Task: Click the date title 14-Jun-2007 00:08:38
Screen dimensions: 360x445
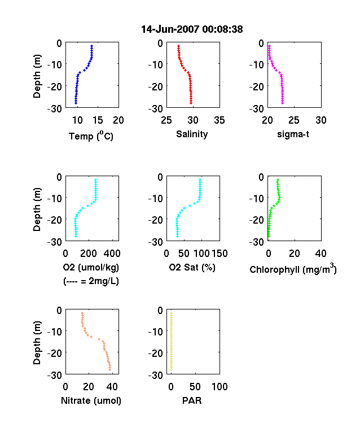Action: click(192, 29)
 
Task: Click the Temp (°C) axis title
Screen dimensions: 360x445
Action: click(91, 136)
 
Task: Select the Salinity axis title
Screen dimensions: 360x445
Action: click(192, 134)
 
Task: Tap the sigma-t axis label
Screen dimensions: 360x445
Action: click(293, 134)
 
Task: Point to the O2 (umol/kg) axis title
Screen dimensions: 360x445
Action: click(91, 267)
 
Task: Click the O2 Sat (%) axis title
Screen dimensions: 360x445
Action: click(192, 267)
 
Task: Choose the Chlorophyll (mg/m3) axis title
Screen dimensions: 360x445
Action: click(293, 268)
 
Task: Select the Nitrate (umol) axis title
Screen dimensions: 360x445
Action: click(91, 400)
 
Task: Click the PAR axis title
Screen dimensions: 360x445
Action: click(192, 400)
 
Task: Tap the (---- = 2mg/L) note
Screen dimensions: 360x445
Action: click(91, 281)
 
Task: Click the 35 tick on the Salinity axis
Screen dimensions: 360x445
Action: click(219, 120)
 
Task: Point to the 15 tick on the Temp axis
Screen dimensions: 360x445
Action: click(98, 120)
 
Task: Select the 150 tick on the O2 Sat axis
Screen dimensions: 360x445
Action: click(219, 253)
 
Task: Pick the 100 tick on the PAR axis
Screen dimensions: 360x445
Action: click(219, 386)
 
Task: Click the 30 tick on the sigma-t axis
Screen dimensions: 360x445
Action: click(321, 120)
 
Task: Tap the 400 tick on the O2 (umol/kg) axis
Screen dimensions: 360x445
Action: click(112, 253)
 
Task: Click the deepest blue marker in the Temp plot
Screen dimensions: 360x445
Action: click(76, 103)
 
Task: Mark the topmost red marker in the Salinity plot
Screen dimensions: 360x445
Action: click(178, 46)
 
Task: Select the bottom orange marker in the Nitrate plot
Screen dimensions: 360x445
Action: click(109, 369)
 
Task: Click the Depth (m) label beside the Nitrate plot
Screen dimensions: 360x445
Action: click(37, 343)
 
